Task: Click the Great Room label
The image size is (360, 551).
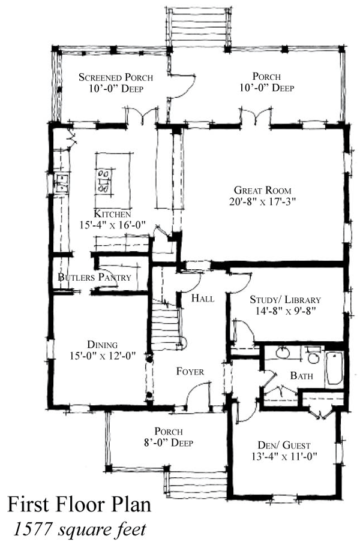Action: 263,191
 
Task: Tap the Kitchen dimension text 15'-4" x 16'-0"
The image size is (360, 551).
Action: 113,225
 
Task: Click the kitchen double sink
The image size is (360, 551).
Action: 62,183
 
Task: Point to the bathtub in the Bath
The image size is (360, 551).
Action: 334,368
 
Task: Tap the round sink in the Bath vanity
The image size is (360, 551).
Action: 283,353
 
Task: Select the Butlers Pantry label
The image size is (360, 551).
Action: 94,277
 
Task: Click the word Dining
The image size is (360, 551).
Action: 103,345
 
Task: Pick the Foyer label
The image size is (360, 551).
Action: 190,372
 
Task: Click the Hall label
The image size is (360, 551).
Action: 203,299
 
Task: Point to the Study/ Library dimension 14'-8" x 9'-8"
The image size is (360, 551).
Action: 286,311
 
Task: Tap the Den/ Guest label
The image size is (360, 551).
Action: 284,445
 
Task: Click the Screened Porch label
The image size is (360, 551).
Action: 116,77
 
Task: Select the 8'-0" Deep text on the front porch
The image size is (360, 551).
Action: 169,442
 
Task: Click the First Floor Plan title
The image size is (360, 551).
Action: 79,504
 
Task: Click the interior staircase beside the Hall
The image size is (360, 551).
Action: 166,323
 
